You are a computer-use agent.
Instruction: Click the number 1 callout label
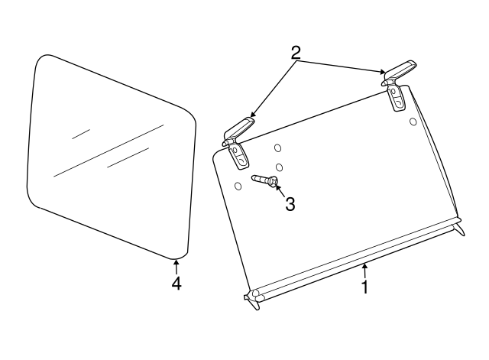(x=365, y=287)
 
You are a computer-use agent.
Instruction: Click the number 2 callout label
(x=296, y=53)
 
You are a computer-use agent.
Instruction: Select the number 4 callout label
(x=176, y=283)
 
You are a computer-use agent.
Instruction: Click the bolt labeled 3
(x=264, y=180)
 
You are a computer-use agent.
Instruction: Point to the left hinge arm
(x=239, y=127)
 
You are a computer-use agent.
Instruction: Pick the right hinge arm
(x=398, y=70)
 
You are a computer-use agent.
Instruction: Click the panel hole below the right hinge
(x=413, y=121)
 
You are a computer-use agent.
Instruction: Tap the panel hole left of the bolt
(x=238, y=186)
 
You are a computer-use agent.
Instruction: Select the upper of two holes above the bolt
(x=278, y=148)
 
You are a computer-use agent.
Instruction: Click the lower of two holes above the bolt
(x=280, y=167)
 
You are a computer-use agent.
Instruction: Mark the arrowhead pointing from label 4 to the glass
(x=176, y=262)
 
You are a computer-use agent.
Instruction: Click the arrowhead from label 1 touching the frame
(x=364, y=265)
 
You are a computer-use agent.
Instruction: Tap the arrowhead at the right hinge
(x=384, y=73)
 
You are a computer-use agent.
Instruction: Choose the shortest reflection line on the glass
(x=81, y=134)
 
